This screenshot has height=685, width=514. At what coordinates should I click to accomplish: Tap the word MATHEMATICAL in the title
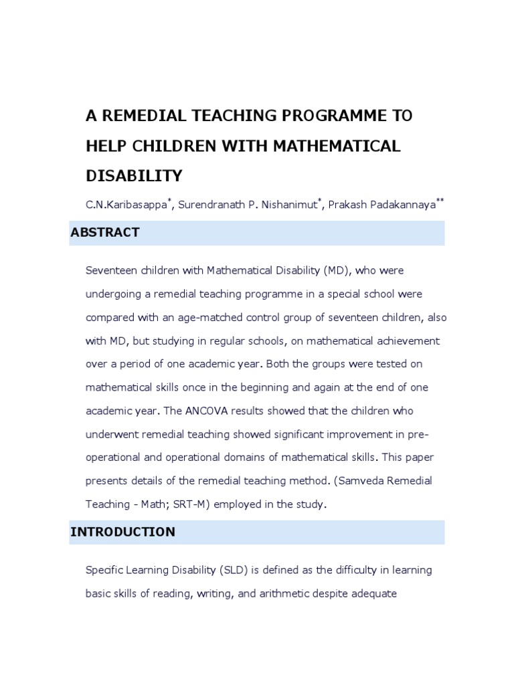pyautogui.click(x=327, y=146)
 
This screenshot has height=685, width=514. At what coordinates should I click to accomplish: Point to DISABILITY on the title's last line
pyautogui.click(x=134, y=176)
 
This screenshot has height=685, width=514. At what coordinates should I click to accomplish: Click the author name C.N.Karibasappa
pyautogui.click(x=126, y=205)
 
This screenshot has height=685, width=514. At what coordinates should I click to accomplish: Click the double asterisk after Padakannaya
pyautogui.click(x=440, y=201)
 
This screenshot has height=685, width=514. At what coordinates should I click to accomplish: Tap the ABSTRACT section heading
pyautogui.click(x=105, y=233)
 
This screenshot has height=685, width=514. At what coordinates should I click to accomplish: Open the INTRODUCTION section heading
pyautogui.click(x=122, y=532)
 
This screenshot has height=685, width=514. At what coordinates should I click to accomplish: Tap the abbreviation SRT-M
pyautogui.click(x=191, y=505)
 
